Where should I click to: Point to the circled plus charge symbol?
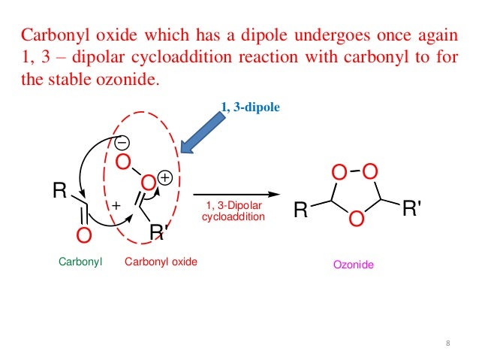click(x=165, y=178)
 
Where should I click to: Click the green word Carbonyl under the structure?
click(x=80, y=263)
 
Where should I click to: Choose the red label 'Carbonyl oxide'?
click(x=161, y=263)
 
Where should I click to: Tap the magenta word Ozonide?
click(x=354, y=266)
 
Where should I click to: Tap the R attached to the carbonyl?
click(x=59, y=192)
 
